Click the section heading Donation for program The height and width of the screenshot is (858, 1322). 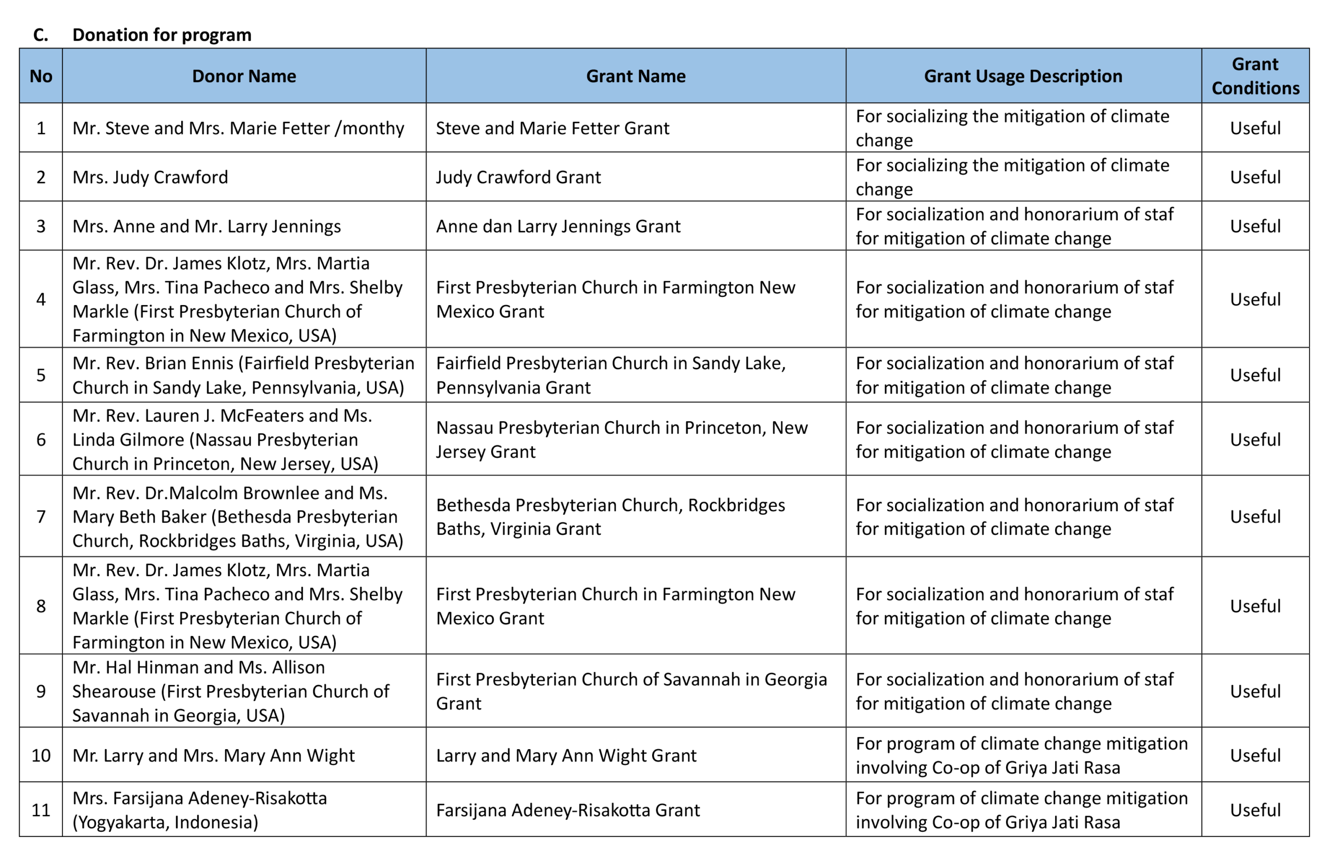(x=162, y=35)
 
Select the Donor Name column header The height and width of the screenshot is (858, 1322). (x=244, y=76)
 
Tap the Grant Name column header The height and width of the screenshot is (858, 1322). (x=636, y=76)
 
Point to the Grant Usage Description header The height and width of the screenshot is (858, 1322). (x=1022, y=76)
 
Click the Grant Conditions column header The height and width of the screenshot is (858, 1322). (x=1255, y=76)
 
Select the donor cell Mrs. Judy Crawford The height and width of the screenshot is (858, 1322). (x=150, y=177)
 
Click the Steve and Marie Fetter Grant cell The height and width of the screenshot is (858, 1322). (x=552, y=128)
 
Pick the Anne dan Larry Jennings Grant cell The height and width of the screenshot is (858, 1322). (x=558, y=226)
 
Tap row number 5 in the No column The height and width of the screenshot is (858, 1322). (x=41, y=375)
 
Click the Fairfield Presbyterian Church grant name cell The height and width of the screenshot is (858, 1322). (x=610, y=375)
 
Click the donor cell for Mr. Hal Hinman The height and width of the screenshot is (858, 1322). (x=230, y=691)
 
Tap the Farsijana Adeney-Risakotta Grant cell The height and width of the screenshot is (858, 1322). (x=567, y=810)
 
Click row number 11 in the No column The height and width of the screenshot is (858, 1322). (x=41, y=810)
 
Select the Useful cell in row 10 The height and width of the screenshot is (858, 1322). (x=1255, y=756)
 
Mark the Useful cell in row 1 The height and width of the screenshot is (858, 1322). (x=1255, y=128)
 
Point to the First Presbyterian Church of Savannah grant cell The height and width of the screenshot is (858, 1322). (x=631, y=691)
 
